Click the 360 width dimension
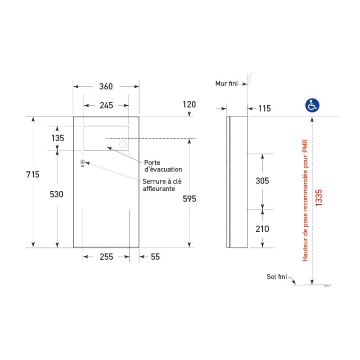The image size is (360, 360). coord(106,86)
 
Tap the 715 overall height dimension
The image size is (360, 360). coord(33,175)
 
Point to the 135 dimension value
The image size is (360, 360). coord(58,138)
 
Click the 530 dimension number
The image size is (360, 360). coord(57,194)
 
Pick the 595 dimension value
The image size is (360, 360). coord(189,199)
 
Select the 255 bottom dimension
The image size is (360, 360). coord(106,256)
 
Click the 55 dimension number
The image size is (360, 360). coord(155,256)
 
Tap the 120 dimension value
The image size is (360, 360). coord(189,104)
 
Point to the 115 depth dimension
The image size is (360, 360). coord(265,108)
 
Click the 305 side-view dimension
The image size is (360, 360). coord(262,181)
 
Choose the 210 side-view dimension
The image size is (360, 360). coord(262,229)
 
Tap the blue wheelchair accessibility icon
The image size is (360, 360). coord(312,105)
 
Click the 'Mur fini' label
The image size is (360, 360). coord(226,84)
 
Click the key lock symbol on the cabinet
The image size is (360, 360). coord(83,163)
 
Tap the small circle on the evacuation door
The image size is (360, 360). coord(122,145)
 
